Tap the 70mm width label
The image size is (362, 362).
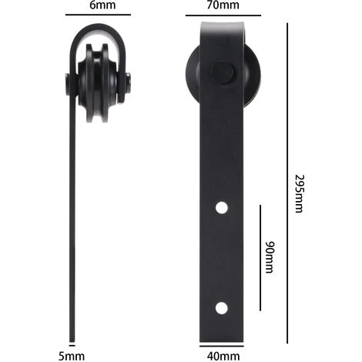[223, 5]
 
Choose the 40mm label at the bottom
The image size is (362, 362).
[223, 356]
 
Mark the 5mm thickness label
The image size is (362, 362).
[72, 356]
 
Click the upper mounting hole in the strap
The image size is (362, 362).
[221, 207]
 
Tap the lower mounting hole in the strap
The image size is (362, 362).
[221, 308]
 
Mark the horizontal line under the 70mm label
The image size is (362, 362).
[223, 15]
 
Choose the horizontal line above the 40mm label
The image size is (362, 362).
[223, 344]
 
